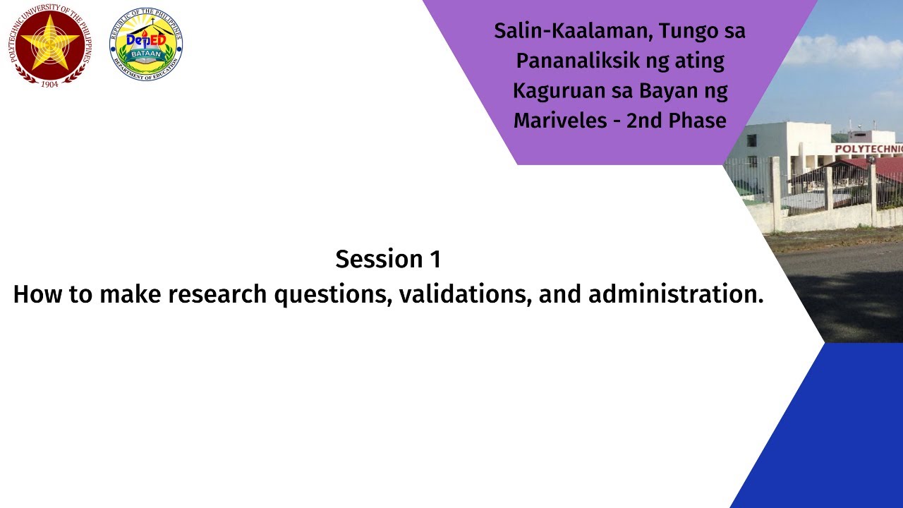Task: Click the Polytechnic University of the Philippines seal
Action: click(50, 44)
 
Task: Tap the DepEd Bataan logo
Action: click(146, 44)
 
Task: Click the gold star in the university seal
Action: click(50, 42)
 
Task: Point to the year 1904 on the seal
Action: click(50, 83)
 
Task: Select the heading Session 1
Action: click(388, 259)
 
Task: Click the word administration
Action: click(676, 294)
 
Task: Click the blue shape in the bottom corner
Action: click(832, 437)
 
